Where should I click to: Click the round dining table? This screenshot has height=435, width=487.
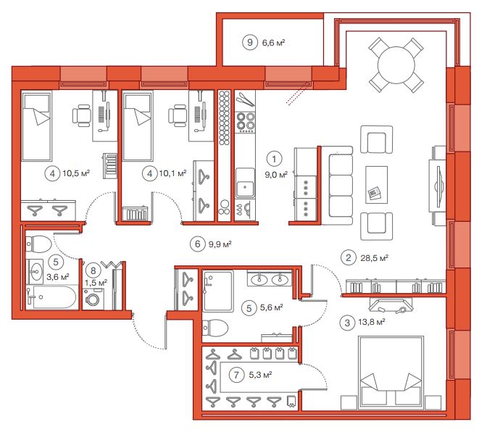click(396, 65)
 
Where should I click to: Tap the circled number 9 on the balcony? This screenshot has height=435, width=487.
click(250, 42)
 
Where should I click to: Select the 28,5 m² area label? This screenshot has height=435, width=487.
click(374, 258)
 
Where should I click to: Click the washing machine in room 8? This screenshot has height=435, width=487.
click(93, 299)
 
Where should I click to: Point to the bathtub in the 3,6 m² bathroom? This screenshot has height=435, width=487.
click(51, 297)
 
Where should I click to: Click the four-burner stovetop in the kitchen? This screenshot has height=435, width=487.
click(246, 121)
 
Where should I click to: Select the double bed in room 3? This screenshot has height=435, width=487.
click(391, 372)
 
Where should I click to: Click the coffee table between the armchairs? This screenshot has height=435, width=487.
click(376, 185)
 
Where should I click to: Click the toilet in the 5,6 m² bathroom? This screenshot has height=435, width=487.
click(215, 328)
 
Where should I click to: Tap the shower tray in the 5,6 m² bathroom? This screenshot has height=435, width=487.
click(217, 291)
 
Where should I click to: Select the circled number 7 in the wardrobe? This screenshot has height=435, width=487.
click(236, 375)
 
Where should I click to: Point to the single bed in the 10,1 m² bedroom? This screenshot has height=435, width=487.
click(138, 126)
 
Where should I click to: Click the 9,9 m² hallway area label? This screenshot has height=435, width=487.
click(220, 244)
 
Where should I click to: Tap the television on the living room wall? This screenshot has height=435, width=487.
click(438, 187)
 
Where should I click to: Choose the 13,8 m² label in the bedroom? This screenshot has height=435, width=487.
click(372, 322)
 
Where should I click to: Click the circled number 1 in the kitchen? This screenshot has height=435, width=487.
click(274, 159)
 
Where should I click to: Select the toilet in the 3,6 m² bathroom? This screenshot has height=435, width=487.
click(38, 244)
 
